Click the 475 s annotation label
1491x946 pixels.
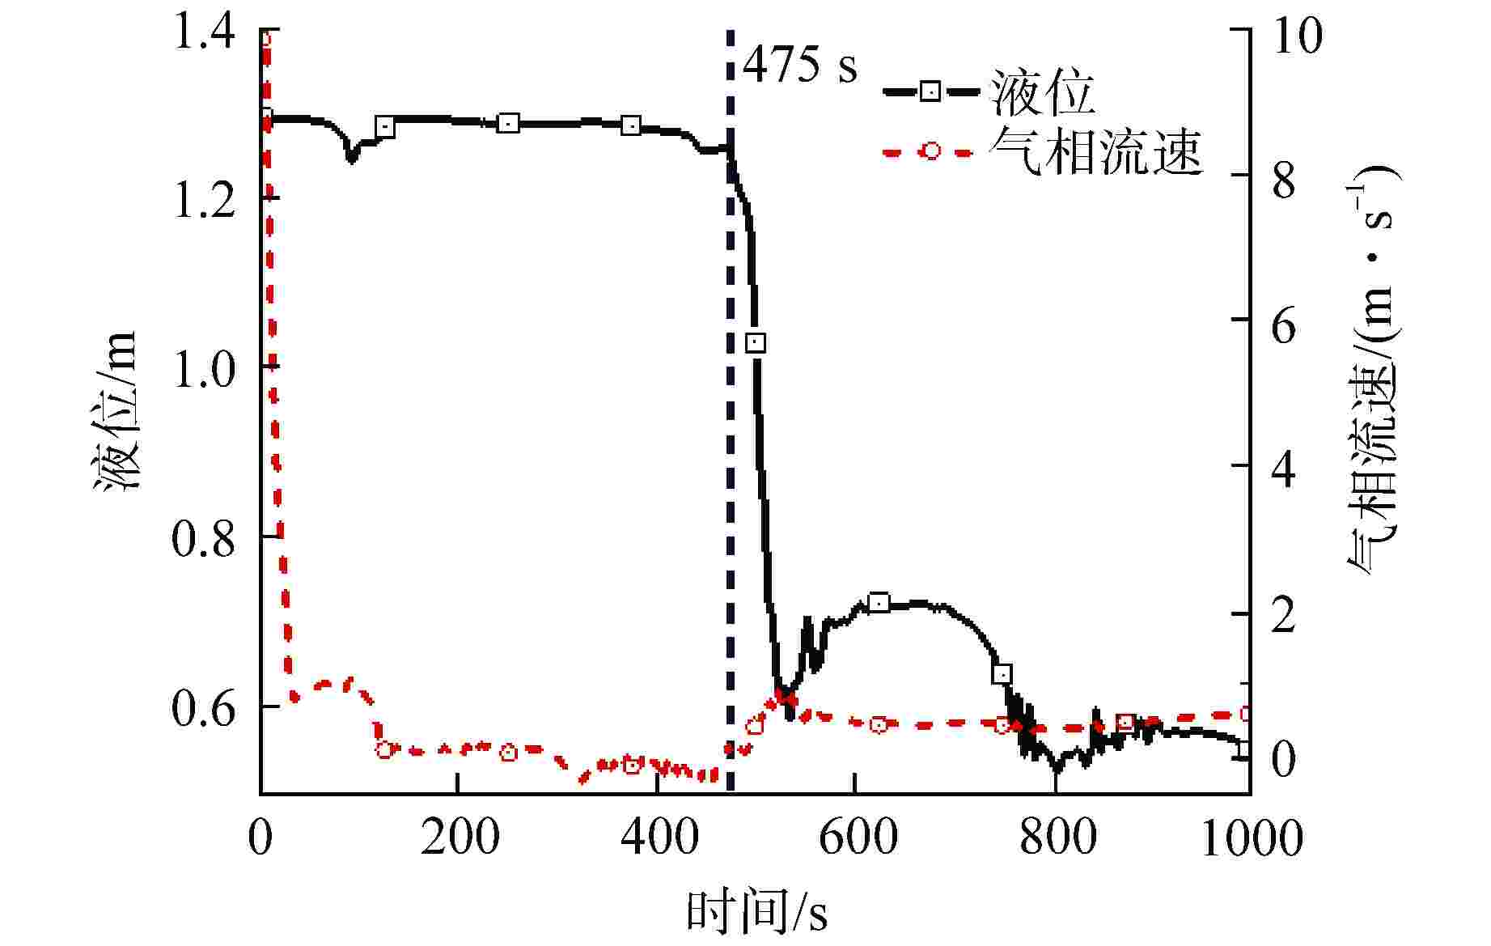click(x=799, y=65)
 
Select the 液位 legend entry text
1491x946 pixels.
click(x=1042, y=91)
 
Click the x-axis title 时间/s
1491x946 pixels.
click(x=756, y=912)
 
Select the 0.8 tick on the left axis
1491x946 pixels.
click(x=204, y=538)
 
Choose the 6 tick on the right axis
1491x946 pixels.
click(x=1284, y=324)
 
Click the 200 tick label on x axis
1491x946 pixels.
click(x=460, y=838)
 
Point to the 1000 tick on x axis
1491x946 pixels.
click(x=1251, y=838)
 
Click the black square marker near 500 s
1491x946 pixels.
click(x=755, y=343)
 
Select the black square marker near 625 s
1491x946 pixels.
click(x=879, y=603)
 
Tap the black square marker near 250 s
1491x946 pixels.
click(x=508, y=124)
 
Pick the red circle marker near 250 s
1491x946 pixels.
click(x=508, y=753)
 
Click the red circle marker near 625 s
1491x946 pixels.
click(x=879, y=724)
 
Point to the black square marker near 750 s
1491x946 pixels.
click(x=1002, y=674)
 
